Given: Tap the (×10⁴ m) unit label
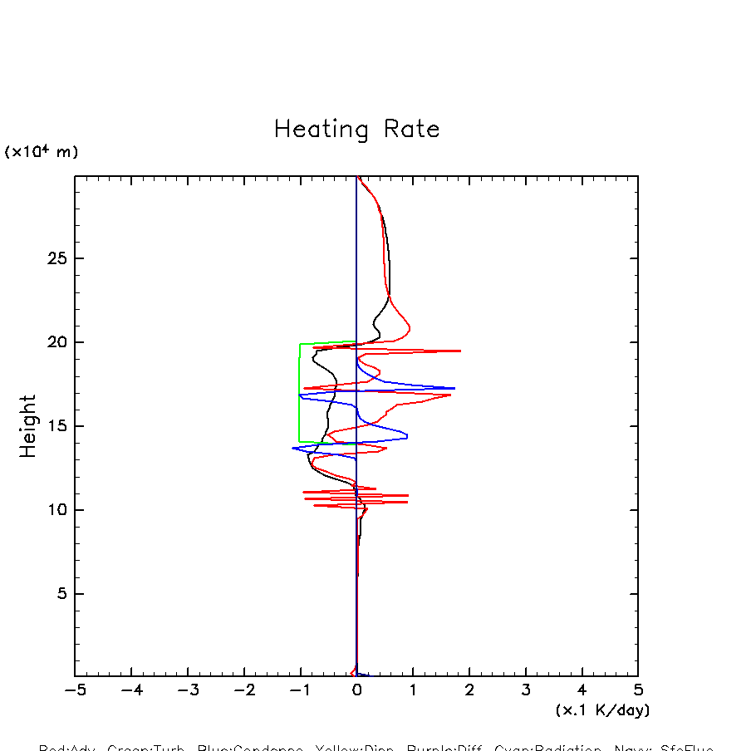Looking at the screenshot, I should pyautogui.click(x=42, y=152).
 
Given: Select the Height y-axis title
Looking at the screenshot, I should pyautogui.click(x=28, y=426).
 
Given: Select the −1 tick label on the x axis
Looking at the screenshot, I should pyautogui.click(x=299, y=690).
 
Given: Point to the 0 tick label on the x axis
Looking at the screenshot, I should pyautogui.click(x=356, y=690).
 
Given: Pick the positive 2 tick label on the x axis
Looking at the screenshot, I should pyautogui.click(x=469, y=690).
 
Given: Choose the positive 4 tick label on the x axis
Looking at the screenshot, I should pyautogui.click(x=582, y=690).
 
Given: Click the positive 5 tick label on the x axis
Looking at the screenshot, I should pyautogui.click(x=638, y=690).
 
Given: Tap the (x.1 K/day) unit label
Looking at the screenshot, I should pyautogui.click(x=602, y=710).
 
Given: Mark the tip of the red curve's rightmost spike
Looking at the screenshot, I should pyautogui.click(x=460, y=351).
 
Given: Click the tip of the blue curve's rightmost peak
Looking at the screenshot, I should pyautogui.click(x=454, y=388).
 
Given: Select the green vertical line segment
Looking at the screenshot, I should pyautogui.click(x=299, y=390).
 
